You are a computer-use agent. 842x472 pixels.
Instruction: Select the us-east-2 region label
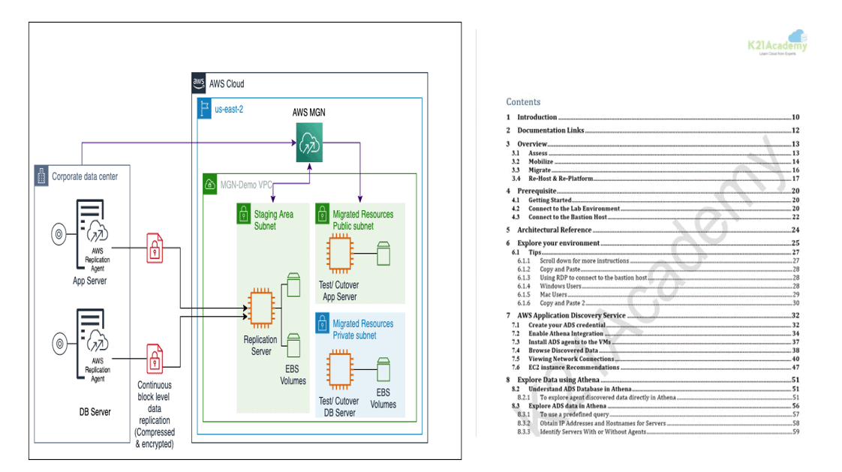[x=228, y=109]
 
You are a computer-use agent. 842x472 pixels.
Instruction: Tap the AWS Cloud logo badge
[x=199, y=83]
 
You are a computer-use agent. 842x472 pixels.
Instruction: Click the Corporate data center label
[x=84, y=177]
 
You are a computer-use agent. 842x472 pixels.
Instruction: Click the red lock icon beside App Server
[x=155, y=249]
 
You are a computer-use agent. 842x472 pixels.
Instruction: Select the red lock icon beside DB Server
[x=155, y=359]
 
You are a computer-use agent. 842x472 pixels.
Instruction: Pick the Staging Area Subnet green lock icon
[x=245, y=215]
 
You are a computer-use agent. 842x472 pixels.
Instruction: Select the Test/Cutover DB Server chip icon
[x=340, y=369]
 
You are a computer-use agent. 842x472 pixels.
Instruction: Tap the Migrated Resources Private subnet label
[x=362, y=329]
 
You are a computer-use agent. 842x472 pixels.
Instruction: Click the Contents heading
[x=523, y=102]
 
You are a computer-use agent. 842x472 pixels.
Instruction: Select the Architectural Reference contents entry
[x=554, y=230]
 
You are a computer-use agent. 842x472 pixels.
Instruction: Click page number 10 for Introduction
[x=795, y=117]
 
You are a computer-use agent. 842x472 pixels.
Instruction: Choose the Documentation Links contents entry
[x=550, y=131]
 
